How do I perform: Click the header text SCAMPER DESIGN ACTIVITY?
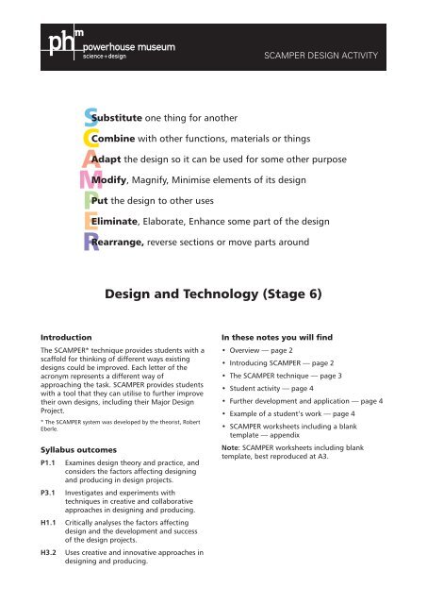tap(323, 56)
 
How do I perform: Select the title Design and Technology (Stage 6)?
tap(213, 294)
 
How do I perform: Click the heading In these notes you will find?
tap(277, 336)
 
